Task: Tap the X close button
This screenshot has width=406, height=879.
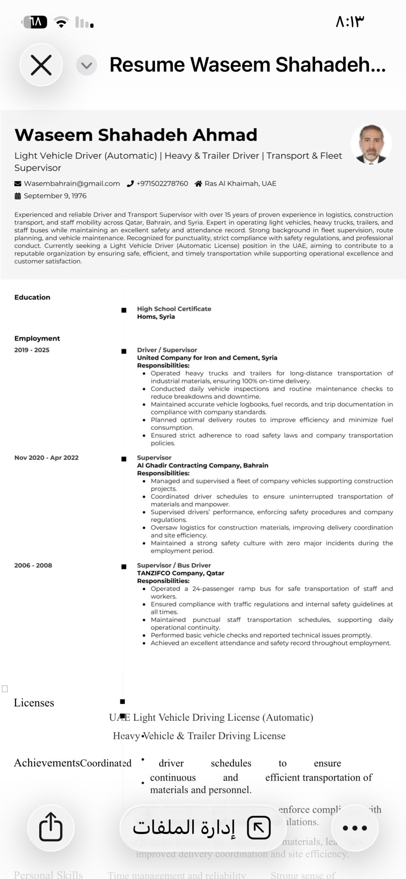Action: [x=41, y=65]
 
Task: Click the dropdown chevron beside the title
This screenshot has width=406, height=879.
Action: [x=86, y=65]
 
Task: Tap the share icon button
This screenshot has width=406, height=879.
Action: [x=51, y=827]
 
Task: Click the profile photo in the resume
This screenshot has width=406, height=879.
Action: [x=371, y=144]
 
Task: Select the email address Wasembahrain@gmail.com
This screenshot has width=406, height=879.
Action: [x=71, y=184]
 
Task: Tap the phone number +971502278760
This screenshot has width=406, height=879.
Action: [x=162, y=184]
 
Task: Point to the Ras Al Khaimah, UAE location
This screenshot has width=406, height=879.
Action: [x=240, y=184]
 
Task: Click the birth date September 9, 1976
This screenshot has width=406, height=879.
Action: [x=55, y=196]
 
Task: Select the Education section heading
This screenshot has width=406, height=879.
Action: [x=32, y=297]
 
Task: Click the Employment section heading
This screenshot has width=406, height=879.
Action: [x=37, y=338]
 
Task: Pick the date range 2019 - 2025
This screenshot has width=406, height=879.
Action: [x=32, y=350]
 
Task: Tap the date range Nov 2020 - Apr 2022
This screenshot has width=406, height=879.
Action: [x=46, y=458]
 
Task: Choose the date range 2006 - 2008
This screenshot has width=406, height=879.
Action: [x=33, y=565]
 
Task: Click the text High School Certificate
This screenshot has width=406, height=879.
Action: [x=174, y=309]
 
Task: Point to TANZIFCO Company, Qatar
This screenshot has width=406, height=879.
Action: [x=180, y=573]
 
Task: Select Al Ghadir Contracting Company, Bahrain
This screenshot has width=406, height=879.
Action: [x=203, y=465]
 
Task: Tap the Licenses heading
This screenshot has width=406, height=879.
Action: [x=34, y=703]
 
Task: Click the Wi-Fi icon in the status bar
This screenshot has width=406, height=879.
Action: [x=61, y=22]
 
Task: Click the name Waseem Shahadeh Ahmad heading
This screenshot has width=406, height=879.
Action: [x=136, y=135]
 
